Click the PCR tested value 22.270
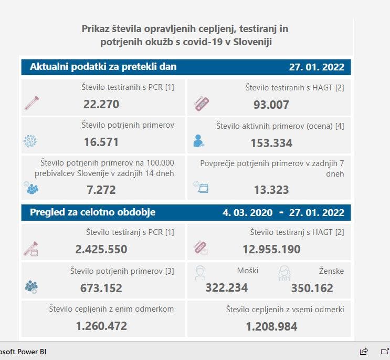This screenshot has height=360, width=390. [x=101, y=104]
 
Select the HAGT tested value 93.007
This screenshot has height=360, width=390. [x=271, y=105]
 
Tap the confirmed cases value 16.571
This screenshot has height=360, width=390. [x=101, y=142]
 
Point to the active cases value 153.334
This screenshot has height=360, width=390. [x=271, y=143]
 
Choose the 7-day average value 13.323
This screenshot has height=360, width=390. [x=271, y=189]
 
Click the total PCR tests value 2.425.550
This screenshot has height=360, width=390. [x=101, y=249]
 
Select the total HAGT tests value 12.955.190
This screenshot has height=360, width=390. [x=271, y=249]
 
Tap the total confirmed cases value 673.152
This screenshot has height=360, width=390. [x=101, y=288]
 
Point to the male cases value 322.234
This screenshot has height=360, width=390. [x=227, y=287]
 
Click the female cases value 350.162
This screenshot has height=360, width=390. [x=312, y=288]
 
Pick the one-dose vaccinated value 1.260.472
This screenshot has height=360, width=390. [x=101, y=326]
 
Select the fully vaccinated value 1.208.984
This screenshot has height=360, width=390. [x=271, y=326]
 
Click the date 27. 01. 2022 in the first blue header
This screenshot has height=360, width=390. [x=317, y=67]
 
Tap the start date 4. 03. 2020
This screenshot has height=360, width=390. [x=247, y=213]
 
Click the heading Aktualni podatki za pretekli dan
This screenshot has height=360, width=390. [x=103, y=67]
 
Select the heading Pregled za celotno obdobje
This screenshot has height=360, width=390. [x=93, y=212]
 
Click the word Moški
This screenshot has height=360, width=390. [x=248, y=271]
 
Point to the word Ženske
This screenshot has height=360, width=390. [x=331, y=271]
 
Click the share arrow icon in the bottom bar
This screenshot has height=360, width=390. [x=364, y=351]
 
